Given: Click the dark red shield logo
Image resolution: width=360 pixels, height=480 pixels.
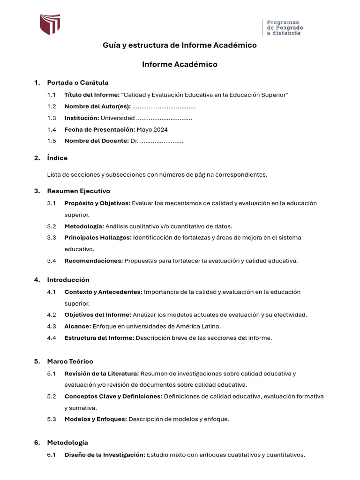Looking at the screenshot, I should pyautogui.click(x=50, y=24).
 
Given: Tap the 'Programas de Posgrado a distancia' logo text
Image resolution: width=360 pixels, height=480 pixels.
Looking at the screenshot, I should pyautogui.click(x=285, y=28).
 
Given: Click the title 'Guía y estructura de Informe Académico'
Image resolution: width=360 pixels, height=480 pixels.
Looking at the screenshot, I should pyautogui.click(x=180, y=45).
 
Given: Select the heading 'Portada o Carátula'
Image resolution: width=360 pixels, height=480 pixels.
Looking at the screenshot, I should pyautogui.click(x=78, y=82).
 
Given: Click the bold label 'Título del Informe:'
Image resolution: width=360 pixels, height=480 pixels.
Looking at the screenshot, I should pyautogui.click(x=92, y=95).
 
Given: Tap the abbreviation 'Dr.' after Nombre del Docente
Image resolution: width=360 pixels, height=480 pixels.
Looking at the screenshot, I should pyautogui.click(x=134, y=141).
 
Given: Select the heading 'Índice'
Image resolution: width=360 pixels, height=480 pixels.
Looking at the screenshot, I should pyautogui.click(x=57, y=158).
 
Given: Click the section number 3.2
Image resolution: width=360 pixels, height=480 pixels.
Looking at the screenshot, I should pyautogui.click(x=52, y=226).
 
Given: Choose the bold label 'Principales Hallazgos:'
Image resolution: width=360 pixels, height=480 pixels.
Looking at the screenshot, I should pyautogui.click(x=97, y=238).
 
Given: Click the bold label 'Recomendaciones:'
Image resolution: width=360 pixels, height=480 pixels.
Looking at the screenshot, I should pyautogui.click(x=94, y=261).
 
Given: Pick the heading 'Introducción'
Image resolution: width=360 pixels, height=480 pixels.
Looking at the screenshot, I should pyautogui.click(x=68, y=280).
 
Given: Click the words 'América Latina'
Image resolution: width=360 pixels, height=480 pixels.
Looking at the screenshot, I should pyautogui.click(x=200, y=326).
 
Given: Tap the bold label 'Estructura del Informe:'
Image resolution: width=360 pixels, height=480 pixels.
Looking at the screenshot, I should pyautogui.click(x=99, y=337).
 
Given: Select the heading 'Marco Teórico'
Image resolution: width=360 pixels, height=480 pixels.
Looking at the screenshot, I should pyautogui.click(x=70, y=361).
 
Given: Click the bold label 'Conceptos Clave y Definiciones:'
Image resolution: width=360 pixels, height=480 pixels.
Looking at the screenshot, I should pyautogui.click(x=113, y=397).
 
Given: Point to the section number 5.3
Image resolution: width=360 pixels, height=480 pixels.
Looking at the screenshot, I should pyautogui.click(x=52, y=419).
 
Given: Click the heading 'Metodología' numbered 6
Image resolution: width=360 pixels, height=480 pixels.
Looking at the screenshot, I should pyautogui.click(x=67, y=442).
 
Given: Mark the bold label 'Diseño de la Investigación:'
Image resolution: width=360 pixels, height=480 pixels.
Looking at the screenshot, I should pyautogui.click(x=105, y=455).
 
